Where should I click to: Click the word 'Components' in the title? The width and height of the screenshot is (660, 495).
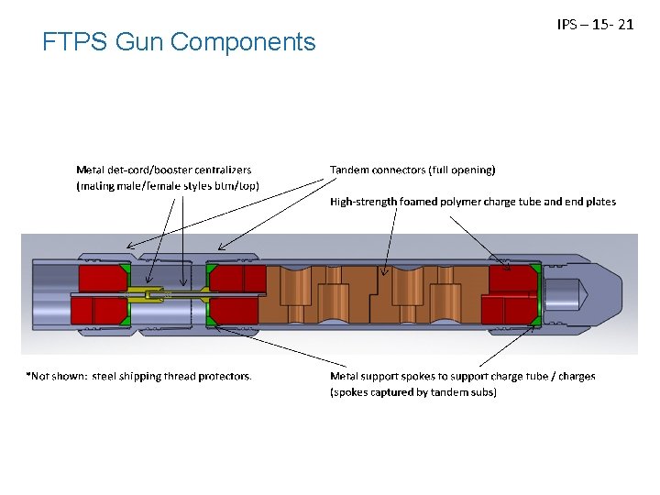[256, 42]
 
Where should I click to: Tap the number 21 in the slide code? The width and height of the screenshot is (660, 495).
[626, 24]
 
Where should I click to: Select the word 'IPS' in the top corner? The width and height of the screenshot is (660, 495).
[566, 24]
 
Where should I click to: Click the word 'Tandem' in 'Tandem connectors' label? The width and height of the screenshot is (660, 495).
[351, 170]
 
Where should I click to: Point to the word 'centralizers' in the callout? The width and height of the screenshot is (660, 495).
[222, 170]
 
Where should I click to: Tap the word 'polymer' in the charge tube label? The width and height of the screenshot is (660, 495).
[468, 202]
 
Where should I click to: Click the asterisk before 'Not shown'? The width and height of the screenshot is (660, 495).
[27, 376]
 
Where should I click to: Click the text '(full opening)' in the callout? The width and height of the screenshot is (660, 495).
[462, 170]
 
